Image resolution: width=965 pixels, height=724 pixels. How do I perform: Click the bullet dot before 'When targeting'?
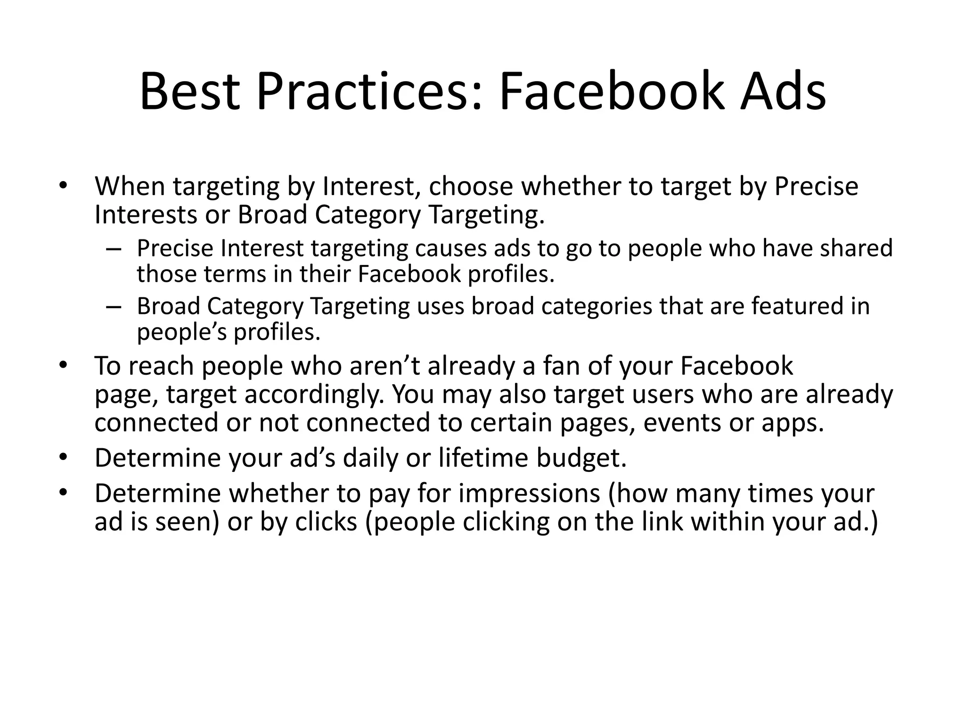64,185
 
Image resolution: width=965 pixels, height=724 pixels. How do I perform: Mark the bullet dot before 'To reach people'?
64,365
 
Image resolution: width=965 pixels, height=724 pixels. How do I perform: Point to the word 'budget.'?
581,458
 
